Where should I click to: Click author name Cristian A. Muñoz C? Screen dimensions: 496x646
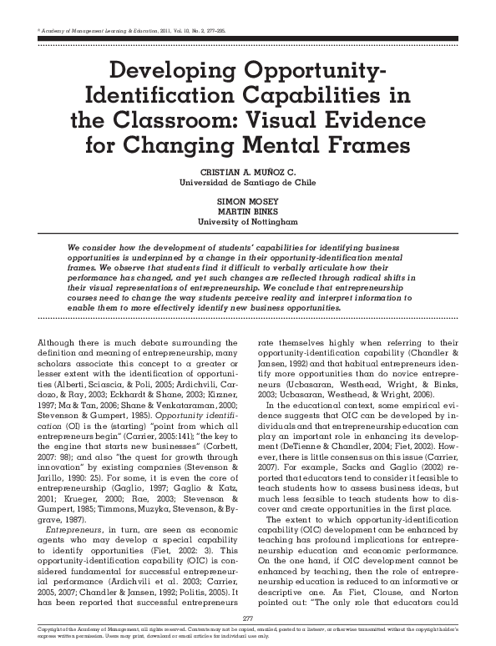248,169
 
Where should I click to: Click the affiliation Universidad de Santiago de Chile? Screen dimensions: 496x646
248,180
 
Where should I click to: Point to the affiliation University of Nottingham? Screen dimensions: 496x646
248,225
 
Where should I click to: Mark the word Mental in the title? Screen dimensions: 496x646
281,149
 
